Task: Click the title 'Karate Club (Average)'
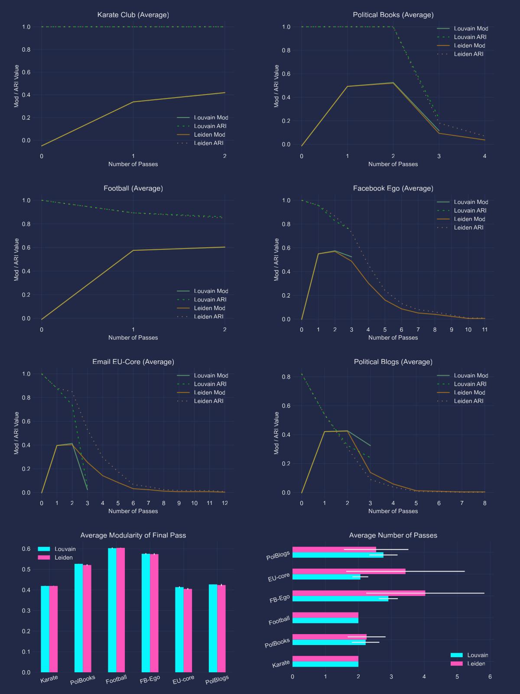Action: point(133,15)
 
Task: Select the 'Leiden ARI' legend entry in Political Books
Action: point(468,54)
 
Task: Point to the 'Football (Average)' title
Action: point(133,188)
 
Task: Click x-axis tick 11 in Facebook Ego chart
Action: point(484,330)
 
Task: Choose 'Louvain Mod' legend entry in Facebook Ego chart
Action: point(471,202)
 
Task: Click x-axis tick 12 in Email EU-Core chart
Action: point(224,503)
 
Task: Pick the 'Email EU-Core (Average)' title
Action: point(133,362)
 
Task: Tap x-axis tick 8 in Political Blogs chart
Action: point(484,503)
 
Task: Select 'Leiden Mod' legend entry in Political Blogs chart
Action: point(469,393)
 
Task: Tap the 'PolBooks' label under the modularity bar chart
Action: point(83,680)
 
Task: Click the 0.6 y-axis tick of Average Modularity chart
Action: point(26,549)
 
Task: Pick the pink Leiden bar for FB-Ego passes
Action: point(359,593)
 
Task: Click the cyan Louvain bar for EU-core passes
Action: point(326,577)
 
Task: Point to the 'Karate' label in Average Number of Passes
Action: point(281,664)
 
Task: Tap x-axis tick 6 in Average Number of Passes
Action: point(490,677)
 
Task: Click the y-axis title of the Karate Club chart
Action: point(16,86)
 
